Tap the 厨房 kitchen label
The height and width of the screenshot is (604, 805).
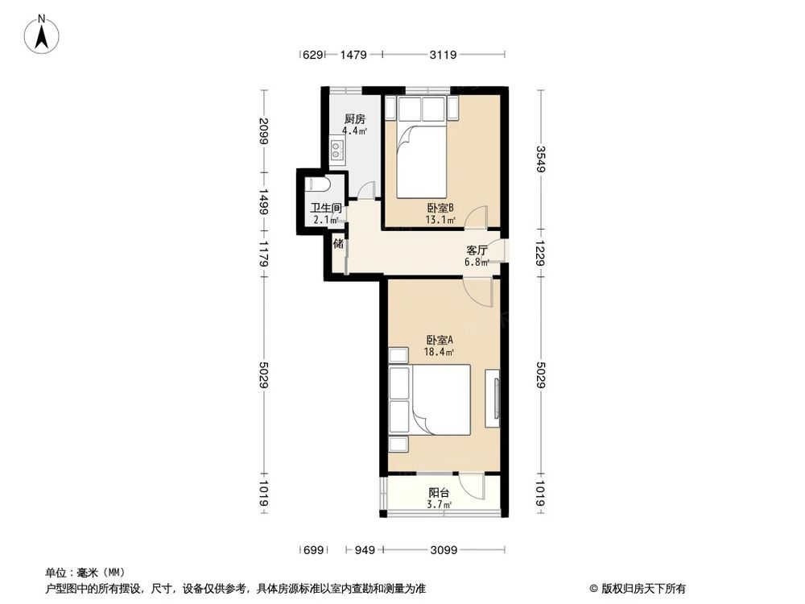tap(354, 118)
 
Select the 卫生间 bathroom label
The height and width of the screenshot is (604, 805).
tap(327, 208)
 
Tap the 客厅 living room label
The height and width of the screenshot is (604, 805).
tap(477, 250)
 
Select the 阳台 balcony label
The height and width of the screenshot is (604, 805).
tap(439, 494)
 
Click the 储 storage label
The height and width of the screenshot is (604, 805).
tap(338, 243)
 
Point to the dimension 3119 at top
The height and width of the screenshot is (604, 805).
tap(443, 55)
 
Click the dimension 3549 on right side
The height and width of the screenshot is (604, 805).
tap(540, 158)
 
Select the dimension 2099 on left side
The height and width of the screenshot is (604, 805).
tap(263, 130)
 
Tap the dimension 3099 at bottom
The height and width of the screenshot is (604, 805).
tap(443, 550)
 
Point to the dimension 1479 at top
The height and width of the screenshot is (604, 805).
tap(353, 55)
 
